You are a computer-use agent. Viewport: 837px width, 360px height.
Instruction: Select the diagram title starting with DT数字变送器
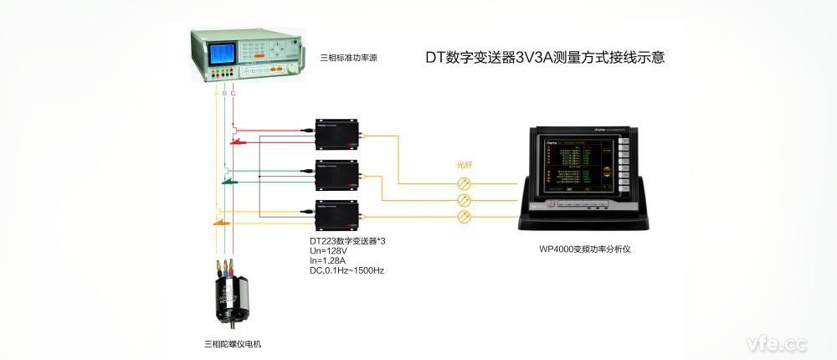(545, 59)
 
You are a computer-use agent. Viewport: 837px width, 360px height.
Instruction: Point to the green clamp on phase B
(229, 180)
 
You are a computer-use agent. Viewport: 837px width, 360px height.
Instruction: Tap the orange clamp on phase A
(220, 223)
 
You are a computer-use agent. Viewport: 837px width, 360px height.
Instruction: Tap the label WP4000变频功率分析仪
(584, 249)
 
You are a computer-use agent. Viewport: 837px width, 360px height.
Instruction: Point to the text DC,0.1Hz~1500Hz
(347, 271)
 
